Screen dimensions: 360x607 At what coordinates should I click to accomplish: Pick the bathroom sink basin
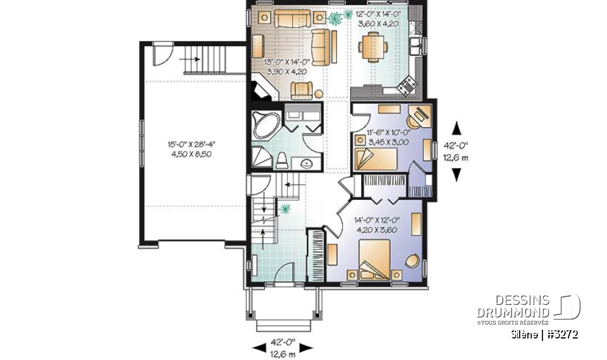307,164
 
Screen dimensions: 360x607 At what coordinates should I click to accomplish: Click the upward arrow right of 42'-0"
456,126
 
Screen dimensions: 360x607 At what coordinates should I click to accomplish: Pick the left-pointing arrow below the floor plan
259,347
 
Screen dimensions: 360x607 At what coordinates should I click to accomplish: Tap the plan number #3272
563,334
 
